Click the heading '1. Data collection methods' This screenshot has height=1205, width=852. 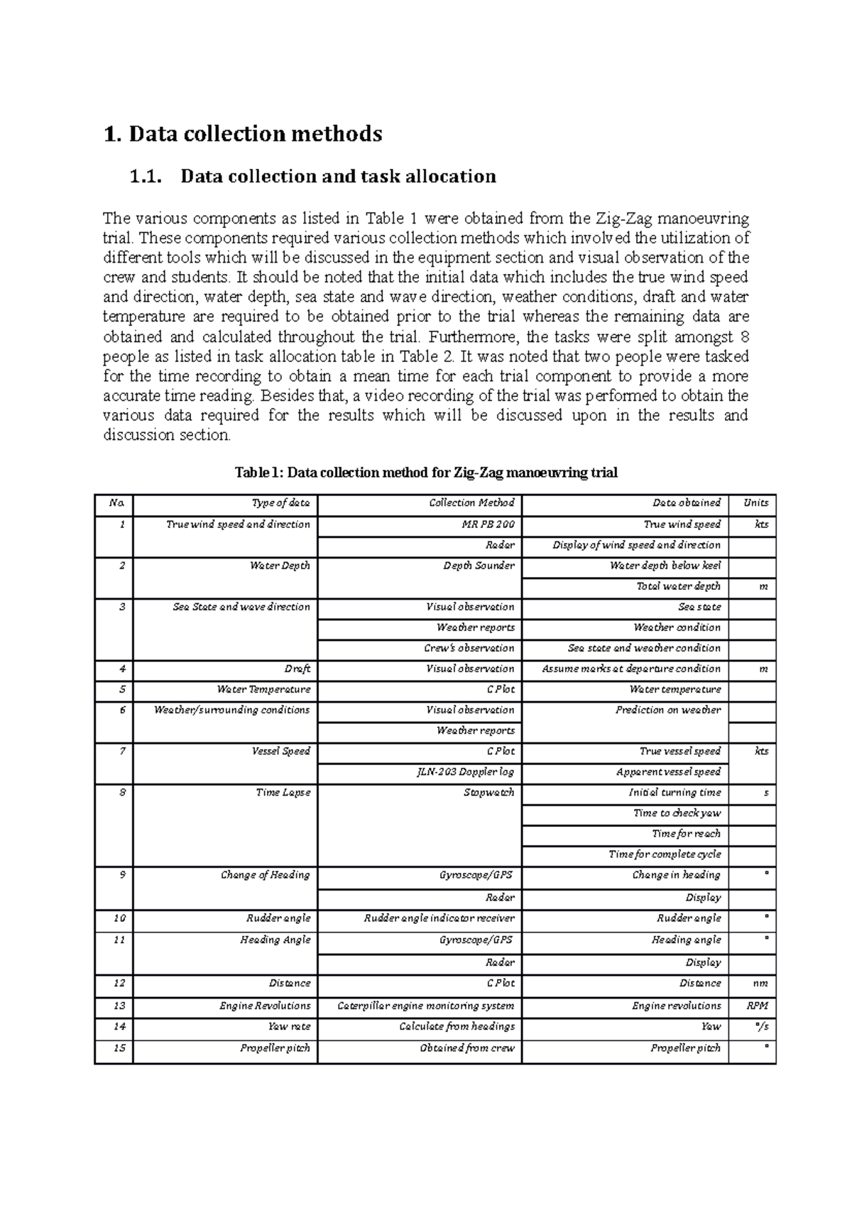pyautogui.click(x=242, y=133)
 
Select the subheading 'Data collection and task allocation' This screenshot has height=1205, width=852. pyautogui.click(x=338, y=176)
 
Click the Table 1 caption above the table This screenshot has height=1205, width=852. pyautogui.click(x=426, y=472)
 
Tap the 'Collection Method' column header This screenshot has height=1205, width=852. pyautogui.click(x=471, y=502)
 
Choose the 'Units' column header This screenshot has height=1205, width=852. pyautogui.click(x=755, y=502)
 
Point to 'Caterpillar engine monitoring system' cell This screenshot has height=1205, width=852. pyautogui.click(x=425, y=1006)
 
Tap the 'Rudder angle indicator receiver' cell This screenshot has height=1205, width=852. pyautogui.click(x=439, y=918)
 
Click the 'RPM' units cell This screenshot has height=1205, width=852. pyautogui.click(x=757, y=1006)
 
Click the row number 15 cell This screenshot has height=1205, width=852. pyautogui.click(x=119, y=1047)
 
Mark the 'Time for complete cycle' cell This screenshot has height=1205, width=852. pyautogui.click(x=665, y=854)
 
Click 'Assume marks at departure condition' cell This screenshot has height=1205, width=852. pyautogui.click(x=630, y=668)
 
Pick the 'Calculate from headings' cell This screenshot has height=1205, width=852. pyautogui.click(x=457, y=1026)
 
